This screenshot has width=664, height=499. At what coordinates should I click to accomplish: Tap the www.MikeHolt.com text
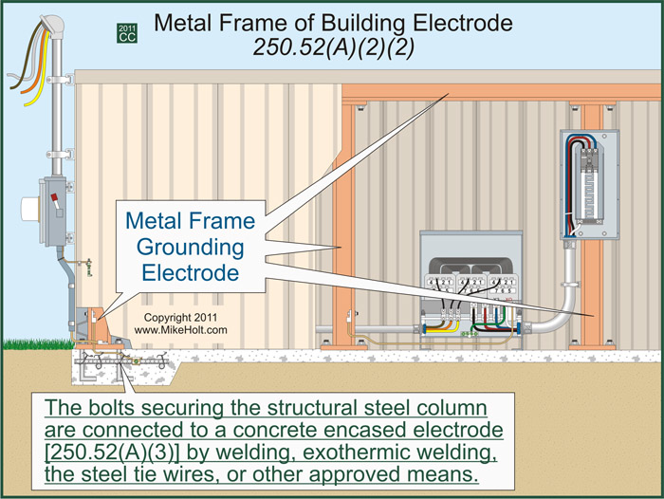point(180,329)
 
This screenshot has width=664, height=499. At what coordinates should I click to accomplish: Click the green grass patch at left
point(28,341)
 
